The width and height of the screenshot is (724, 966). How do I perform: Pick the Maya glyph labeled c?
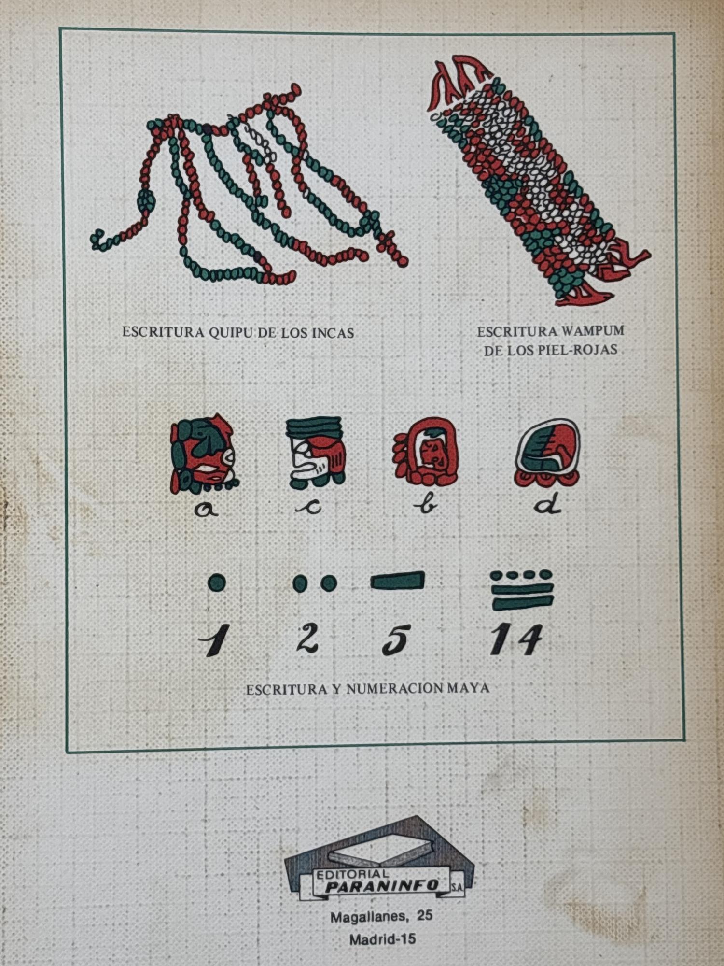[316, 452]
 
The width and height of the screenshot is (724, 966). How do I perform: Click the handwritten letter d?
[548, 505]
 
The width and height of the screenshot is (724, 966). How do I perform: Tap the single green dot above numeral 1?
[217, 582]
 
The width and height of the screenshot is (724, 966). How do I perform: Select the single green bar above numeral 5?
[398, 580]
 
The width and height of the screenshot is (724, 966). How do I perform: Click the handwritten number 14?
[516, 639]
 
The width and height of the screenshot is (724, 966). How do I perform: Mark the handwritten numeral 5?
[396, 640]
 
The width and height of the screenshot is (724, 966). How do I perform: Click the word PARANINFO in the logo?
[382, 885]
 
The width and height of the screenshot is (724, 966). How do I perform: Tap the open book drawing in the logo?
[381, 852]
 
